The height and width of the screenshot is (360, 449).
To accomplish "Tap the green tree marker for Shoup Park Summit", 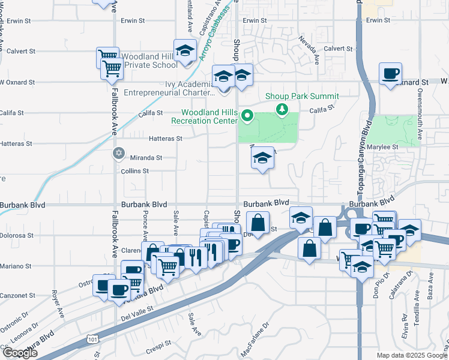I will pyautogui.click(x=281, y=109).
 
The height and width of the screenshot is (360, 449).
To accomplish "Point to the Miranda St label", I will pyautogui.click(x=146, y=158).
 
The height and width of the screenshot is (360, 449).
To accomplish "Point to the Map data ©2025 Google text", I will pyautogui.click(x=412, y=355).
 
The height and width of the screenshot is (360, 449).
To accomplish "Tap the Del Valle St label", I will pyautogui.click(x=139, y=309).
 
